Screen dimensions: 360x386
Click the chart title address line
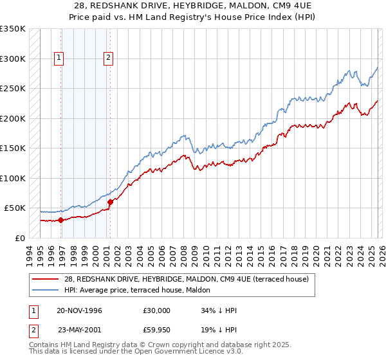click(x=193, y=5)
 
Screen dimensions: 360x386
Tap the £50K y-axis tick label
click(x=15, y=208)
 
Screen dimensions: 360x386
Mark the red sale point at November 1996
click(x=60, y=220)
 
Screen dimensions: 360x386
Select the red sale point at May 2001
click(x=110, y=202)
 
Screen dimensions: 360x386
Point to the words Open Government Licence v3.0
click(x=160, y=354)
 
